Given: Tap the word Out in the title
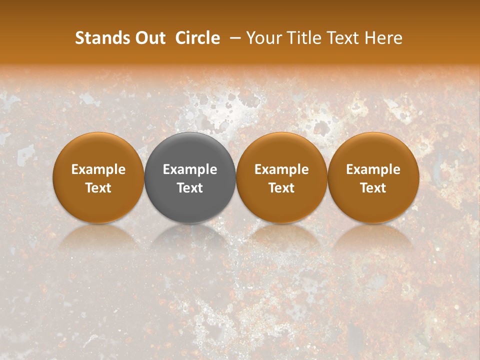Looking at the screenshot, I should [x=150, y=38].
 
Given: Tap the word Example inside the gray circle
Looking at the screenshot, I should [x=190, y=169].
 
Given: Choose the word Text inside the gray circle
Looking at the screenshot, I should [x=190, y=188].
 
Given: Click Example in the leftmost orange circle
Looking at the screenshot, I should [x=98, y=169].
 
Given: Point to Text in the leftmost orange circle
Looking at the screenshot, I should [x=98, y=188].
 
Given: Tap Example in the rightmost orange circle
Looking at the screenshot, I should [x=373, y=169].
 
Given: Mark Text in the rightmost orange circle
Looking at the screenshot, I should [x=373, y=188].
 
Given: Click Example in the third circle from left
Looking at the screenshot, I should [x=281, y=169].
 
